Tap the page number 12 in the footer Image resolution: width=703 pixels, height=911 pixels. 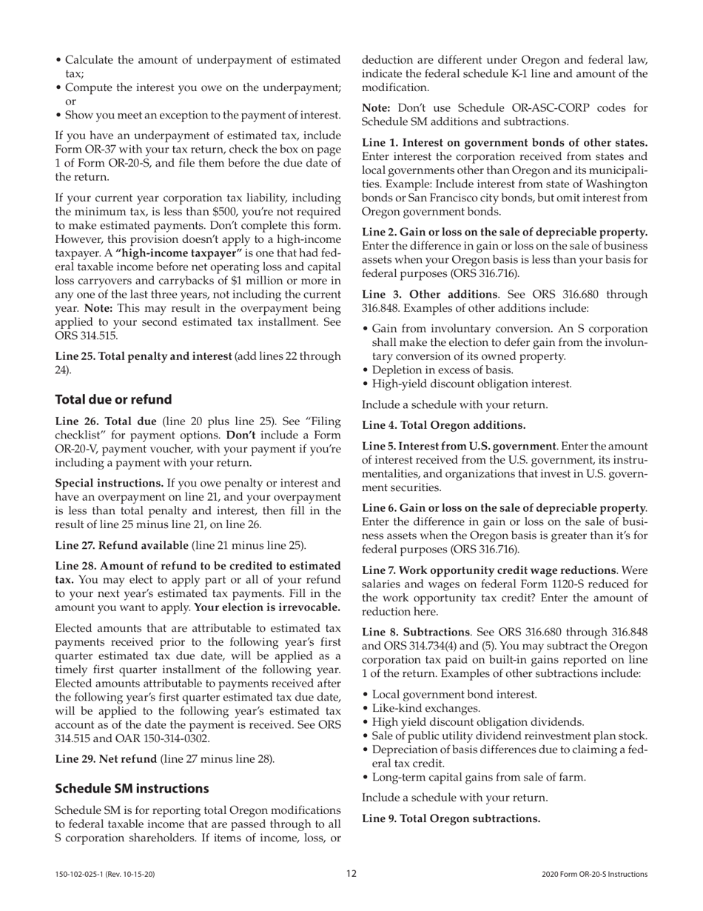point(351,874)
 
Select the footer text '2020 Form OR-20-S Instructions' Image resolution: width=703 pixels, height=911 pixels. point(594,875)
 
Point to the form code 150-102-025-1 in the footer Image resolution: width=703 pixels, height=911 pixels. point(104,875)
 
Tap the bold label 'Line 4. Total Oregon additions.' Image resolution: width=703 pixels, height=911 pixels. point(443,425)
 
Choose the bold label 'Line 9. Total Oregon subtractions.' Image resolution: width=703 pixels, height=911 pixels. point(451,818)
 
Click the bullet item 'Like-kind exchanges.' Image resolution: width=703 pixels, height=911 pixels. point(425,708)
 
